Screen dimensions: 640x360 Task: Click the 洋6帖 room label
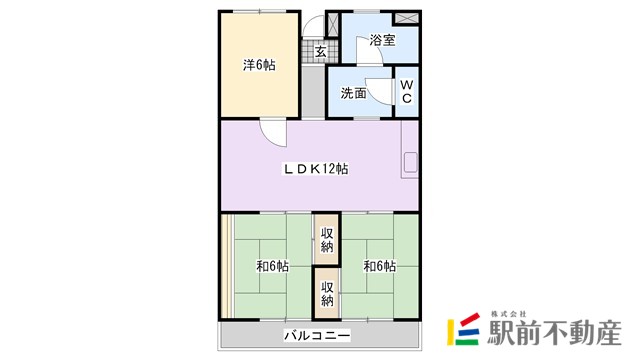pos(259,65)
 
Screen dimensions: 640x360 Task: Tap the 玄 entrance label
pos(321,52)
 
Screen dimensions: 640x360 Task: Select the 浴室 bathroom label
pos(382,40)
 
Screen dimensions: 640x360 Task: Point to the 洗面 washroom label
pos(353,93)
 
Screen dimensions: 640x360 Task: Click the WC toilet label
pos(407,91)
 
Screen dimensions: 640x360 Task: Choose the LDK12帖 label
pos(316,169)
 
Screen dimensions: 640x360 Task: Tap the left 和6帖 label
pos(272,266)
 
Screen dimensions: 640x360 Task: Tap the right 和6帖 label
pos(380,266)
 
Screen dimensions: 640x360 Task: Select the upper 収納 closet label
pos(327,240)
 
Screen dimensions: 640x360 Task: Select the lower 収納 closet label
pos(327,294)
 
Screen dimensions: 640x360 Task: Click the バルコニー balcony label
pos(317,336)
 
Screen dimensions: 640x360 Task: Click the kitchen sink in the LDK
pos(411,162)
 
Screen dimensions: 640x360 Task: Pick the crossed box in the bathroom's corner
pos(406,18)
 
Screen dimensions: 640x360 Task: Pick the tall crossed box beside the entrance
pos(333,25)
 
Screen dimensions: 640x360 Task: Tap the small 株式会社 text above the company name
pos(508,314)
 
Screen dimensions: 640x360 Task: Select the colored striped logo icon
pos(464,329)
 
